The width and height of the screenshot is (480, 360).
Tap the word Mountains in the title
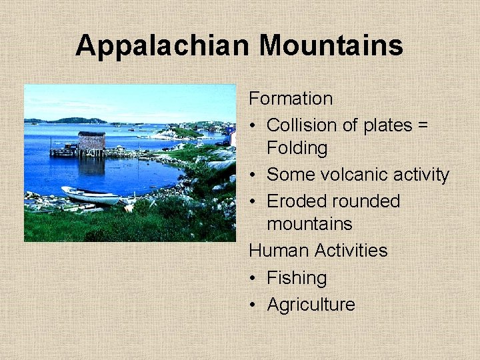(331, 46)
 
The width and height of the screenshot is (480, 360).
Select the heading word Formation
(291, 99)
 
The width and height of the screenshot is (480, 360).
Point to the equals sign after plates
(423, 125)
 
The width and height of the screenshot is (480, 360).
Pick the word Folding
(297, 148)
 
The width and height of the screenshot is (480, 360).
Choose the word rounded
(369, 201)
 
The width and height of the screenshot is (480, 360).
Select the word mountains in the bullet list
(309, 224)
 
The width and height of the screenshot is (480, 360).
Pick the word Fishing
(297, 278)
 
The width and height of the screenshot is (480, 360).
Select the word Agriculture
(311, 305)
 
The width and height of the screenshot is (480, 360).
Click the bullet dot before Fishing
(254, 278)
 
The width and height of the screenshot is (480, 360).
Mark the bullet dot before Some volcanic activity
(254, 175)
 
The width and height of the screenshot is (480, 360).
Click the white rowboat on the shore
(91, 195)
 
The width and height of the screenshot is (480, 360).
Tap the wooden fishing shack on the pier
(91, 141)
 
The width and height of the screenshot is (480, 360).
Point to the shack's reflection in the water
(92, 165)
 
